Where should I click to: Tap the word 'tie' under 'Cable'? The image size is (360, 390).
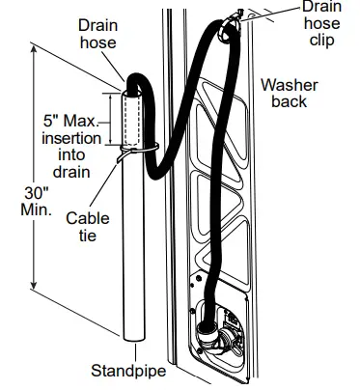coord(87,236)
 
